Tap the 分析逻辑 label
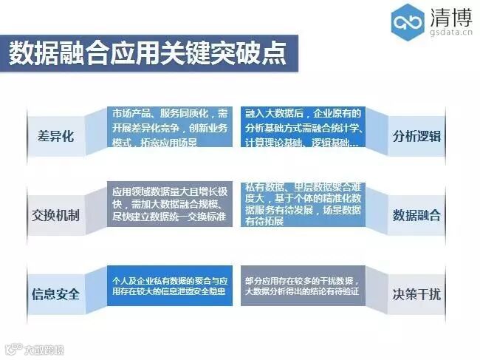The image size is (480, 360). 416,137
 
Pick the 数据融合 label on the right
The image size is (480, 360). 416,216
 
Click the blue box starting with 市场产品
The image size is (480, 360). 170,127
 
